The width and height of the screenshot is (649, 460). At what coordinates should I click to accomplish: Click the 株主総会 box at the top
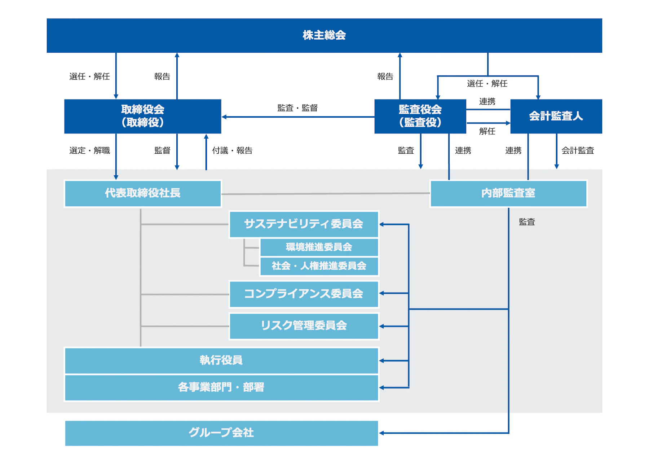(324, 35)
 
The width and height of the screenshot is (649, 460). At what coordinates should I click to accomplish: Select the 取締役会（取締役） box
(142, 116)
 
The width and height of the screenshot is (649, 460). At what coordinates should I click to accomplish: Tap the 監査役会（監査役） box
(420, 116)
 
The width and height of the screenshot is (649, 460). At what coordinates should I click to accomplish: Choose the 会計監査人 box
(556, 116)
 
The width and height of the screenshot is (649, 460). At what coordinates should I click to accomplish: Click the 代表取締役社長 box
(142, 193)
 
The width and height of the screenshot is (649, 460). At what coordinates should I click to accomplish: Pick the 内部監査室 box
(508, 193)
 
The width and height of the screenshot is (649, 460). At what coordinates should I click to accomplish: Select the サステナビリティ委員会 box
(304, 224)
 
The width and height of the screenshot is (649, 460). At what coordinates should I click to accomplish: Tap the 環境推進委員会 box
(319, 247)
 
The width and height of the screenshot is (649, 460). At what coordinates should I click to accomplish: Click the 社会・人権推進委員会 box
(319, 266)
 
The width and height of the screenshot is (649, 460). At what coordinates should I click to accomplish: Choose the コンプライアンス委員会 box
(304, 294)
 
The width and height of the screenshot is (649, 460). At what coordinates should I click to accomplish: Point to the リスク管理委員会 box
(304, 326)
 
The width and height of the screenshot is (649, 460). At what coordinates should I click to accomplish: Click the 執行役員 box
(221, 360)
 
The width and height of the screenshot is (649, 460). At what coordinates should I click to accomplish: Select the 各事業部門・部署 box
(221, 387)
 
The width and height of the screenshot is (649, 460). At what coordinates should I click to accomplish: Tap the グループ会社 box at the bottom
(221, 433)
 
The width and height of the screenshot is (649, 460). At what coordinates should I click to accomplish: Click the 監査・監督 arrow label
(297, 108)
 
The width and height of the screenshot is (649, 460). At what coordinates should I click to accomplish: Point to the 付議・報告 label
(232, 150)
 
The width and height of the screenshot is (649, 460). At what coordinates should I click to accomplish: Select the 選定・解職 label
(89, 150)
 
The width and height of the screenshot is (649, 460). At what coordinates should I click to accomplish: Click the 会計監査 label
(577, 150)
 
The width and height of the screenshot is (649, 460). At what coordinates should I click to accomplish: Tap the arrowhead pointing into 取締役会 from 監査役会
(224, 117)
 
